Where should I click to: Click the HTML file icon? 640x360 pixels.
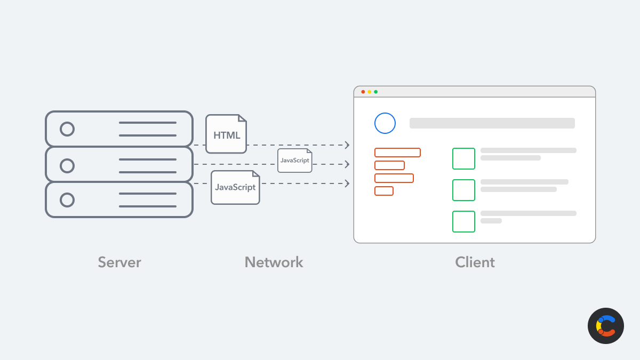(x=226, y=134)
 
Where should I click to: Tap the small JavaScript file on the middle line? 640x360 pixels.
(x=294, y=160)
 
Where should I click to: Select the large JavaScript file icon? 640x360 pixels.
(x=235, y=187)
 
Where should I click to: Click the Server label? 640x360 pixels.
(x=119, y=262)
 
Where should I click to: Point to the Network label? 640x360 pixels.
(x=274, y=262)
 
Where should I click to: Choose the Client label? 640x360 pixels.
(x=475, y=262)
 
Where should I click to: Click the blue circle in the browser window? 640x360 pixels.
(x=385, y=123)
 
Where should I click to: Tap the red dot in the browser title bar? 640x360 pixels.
(x=363, y=92)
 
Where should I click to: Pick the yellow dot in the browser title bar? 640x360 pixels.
(x=370, y=92)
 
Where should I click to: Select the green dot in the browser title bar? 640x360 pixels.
(x=376, y=92)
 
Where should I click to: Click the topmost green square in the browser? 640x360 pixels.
(x=463, y=158)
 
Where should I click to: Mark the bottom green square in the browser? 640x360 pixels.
(x=463, y=221)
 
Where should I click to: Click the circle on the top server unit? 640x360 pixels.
(x=67, y=129)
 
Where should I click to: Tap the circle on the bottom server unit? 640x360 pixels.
(x=67, y=200)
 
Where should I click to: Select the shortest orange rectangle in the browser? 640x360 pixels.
(x=384, y=191)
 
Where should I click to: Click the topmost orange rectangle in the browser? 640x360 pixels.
(x=397, y=153)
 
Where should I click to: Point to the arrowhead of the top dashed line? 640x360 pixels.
(x=347, y=145)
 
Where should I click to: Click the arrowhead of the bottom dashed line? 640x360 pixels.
(x=347, y=183)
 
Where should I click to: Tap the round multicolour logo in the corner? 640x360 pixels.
(x=606, y=326)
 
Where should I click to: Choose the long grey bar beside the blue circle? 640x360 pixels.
(x=492, y=123)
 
